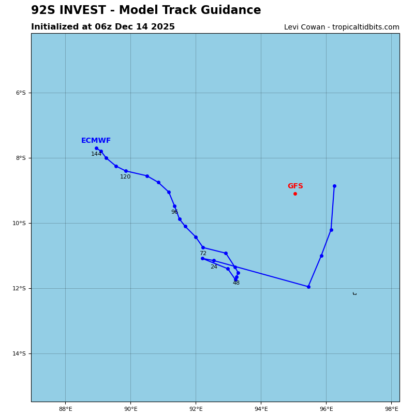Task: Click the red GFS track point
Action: (295, 194)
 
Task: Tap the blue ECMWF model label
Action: (96, 141)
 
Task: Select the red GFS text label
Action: (295, 186)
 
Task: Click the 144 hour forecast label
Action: (96, 154)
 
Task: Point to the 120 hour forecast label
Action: (125, 177)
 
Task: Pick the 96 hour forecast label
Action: (174, 212)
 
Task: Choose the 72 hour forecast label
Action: (203, 254)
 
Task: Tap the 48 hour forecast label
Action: (236, 283)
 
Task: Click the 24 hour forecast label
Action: (214, 267)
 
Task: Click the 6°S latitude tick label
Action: (20, 93)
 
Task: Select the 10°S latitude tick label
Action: (19, 224)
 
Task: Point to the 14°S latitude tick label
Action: (19, 354)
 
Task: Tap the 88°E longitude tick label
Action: (65, 409)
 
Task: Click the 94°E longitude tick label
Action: (261, 409)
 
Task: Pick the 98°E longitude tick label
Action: (391, 409)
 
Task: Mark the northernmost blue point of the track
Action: (96, 148)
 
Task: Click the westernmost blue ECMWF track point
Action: (96, 148)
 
